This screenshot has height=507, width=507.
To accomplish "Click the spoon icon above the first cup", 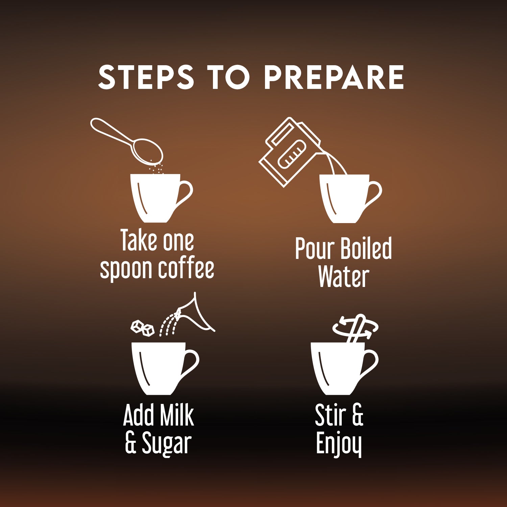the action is pos(127,141).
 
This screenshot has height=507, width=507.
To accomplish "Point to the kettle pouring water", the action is pos(291,152).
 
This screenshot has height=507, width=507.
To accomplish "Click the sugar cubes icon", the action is pos(143,328).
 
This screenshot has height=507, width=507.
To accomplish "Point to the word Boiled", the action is pos(366,248).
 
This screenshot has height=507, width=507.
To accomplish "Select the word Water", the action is pos(343,276).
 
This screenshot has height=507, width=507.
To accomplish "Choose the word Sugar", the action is pos(167,443).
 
